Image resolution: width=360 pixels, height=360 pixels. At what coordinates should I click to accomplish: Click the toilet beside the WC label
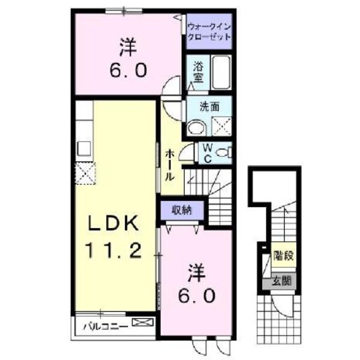(223, 152)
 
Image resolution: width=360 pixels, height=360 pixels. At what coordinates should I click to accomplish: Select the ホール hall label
(170, 165)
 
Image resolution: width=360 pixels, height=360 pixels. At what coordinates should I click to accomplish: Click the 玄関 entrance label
(281, 280)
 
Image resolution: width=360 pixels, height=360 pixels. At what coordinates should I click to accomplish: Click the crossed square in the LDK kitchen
(85, 174)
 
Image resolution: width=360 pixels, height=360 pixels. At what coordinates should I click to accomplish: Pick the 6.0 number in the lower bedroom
(196, 296)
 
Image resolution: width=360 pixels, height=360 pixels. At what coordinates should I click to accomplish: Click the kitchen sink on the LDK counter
(85, 148)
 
